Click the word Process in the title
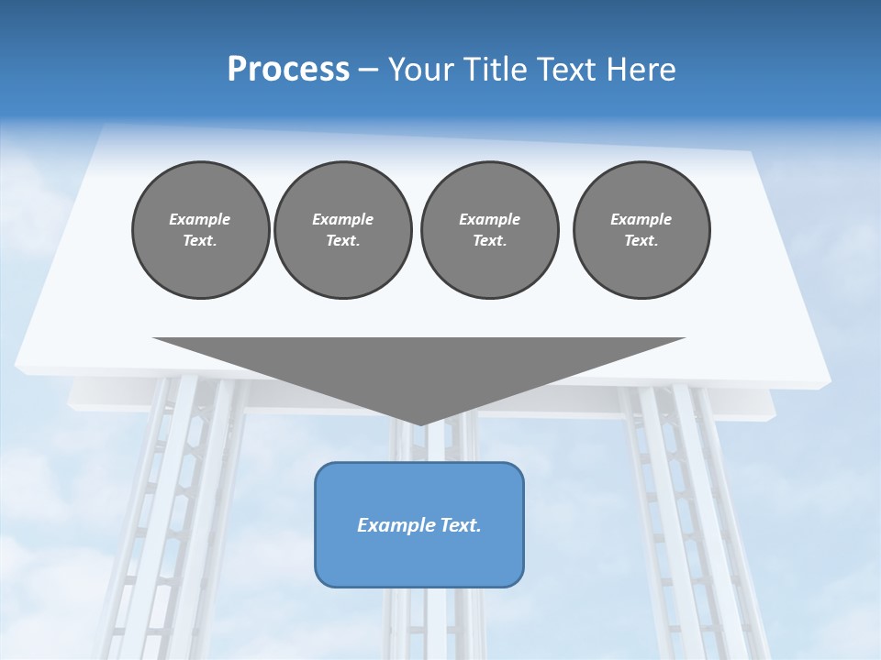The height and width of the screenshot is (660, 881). tap(288, 70)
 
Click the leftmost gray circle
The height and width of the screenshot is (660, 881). tap(200, 229)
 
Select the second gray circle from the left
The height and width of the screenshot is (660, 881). tap(342, 229)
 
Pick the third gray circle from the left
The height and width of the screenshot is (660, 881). tap(489, 229)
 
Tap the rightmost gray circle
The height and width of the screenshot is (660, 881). tap(641, 229)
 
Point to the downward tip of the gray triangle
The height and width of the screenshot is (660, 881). tap(419, 423)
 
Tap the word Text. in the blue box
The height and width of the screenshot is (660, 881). tap(461, 525)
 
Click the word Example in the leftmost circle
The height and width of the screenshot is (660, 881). tap(200, 219)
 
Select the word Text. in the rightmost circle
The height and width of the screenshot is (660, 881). tap(641, 240)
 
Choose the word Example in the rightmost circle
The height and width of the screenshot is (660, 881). tap(641, 219)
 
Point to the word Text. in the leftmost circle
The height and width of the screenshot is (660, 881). tap(200, 240)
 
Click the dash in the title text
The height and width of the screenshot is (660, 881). tap(368, 71)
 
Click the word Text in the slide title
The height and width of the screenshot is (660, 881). tap(571, 70)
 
